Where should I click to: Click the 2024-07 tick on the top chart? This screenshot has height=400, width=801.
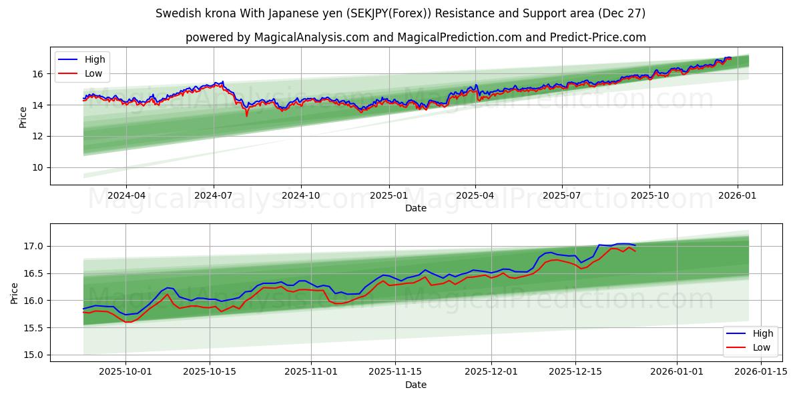click(214, 195)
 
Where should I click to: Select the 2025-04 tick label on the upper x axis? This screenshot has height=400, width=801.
click(475, 195)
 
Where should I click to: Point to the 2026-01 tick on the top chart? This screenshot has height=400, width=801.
click(737, 195)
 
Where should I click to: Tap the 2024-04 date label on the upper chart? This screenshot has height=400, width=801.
click(125, 195)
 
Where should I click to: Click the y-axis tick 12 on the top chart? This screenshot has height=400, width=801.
click(38, 136)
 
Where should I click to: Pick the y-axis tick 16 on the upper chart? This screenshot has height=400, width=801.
click(38, 74)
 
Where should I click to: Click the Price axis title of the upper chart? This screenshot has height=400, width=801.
click(23, 117)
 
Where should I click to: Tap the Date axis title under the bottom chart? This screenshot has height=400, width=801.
click(415, 385)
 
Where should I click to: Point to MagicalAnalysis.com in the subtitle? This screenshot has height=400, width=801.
click(311, 37)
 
